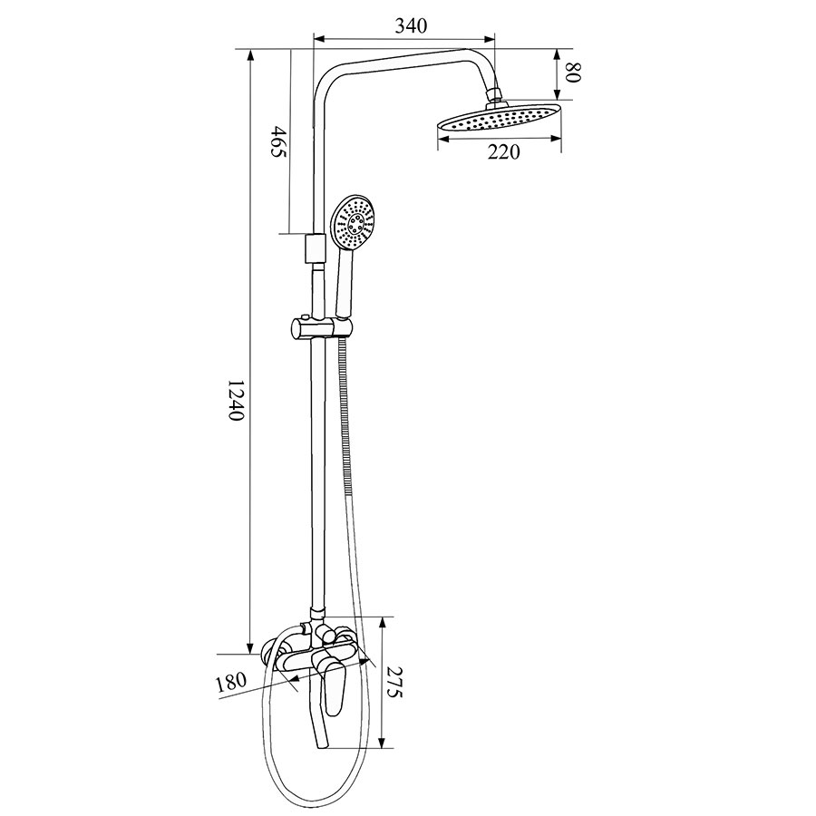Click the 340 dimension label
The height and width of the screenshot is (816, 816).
(x=411, y=25)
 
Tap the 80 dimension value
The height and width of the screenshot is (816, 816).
(x=573, y=73)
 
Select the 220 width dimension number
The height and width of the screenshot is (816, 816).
(x=503, y=152)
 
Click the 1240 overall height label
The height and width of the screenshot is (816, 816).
(x=237, y=400)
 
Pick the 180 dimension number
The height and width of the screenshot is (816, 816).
(x=231, y=682)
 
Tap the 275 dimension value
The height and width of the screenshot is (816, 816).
(x=395, y=682)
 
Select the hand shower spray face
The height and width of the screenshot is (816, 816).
(x=353, y=222)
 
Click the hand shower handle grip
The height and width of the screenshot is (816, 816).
(x=345, y=283)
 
